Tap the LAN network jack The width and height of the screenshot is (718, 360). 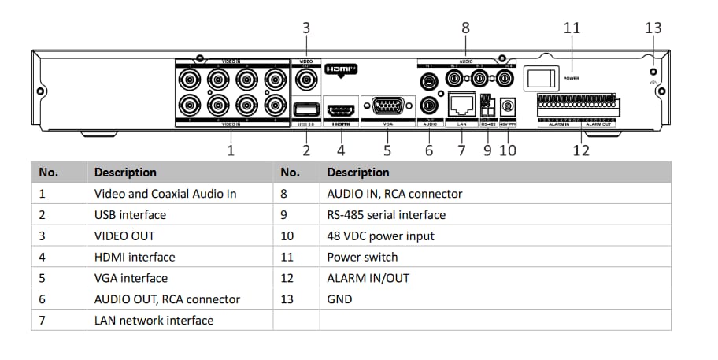(x=461, y=105)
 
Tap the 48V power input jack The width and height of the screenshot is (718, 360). (x=508, y=106)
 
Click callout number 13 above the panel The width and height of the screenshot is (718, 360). (x=653, y=28)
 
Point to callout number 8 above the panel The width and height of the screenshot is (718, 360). (x=465, y=28)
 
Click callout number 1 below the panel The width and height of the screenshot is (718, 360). (x=231, y=150)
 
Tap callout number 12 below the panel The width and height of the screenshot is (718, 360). (x=581, y=150)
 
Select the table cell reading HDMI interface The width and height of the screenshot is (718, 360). (x=135, y=257)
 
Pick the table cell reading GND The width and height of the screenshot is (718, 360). (x=340, y=299)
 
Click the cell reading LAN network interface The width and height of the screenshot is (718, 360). (x=154, y=321)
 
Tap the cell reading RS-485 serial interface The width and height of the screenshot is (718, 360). (x=386, y=214)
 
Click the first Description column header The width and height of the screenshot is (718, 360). (x=125, y=172)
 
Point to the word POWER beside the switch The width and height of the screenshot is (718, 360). (x=572, y=78)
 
